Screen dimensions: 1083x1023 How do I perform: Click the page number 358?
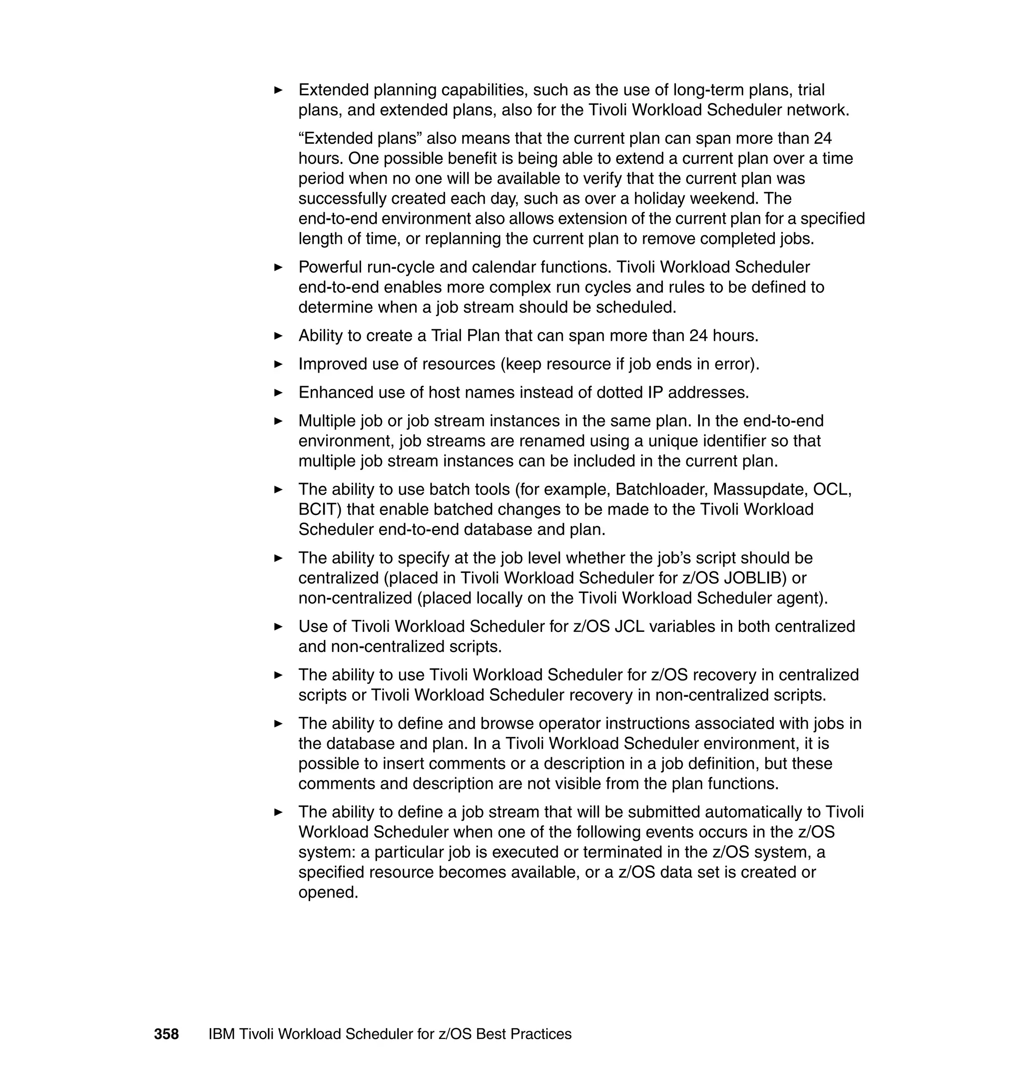click(166, 1034)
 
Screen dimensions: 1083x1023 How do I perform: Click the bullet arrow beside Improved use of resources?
click(278, 364)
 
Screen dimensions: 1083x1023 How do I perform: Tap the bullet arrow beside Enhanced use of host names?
click(278, 393)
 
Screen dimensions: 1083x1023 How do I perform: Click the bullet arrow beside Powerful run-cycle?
click(278, 267)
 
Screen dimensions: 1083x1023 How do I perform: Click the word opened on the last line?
click(327, 892)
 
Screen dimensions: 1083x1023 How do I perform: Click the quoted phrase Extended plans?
click(361, 138)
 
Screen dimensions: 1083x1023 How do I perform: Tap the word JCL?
click(629, 626)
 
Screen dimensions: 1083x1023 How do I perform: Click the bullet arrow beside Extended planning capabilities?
click(278, 90)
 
